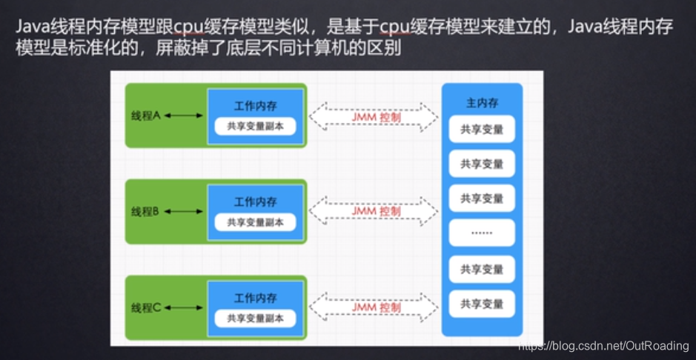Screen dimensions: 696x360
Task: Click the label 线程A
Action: tap(146, 116)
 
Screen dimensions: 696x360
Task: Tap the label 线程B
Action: tap(146, 212)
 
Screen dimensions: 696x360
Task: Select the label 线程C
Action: tap(146, 307)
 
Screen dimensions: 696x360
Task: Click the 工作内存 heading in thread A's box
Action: tap(256, 106)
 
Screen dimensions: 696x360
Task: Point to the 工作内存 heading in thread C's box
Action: tap(256, 298)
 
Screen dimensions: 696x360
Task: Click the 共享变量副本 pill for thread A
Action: tap(256, 126)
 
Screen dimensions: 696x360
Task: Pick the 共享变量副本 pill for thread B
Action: tap(256, 221)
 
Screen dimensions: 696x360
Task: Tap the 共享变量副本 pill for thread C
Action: tap(256, 318)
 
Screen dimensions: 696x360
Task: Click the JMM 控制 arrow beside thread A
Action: tap(374, 116)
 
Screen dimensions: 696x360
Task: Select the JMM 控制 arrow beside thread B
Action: tap(374, 211)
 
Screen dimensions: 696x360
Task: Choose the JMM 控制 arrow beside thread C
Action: tap(374, 307)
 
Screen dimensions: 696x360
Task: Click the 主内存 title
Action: tap(481, 103)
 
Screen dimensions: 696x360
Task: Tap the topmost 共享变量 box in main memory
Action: tap(482, 129)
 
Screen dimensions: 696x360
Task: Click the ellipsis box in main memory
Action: tap(482, 232)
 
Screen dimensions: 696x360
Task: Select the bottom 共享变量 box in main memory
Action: tap(482, 304)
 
